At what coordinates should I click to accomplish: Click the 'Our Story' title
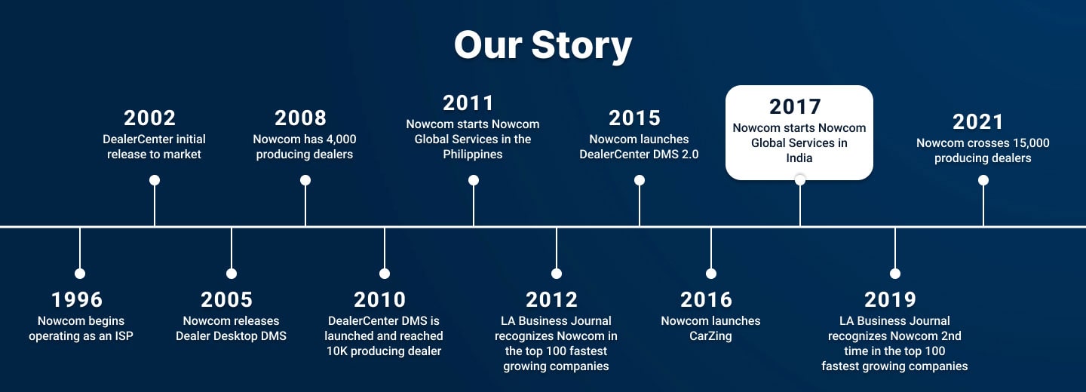click(543, 45)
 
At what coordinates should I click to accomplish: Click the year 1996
click(77, 300)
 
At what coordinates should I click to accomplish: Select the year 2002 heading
click(150, 118)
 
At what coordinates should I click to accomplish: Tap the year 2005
click(227, 300)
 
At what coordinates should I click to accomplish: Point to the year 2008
click(301, 118)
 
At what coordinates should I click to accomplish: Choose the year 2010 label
click(379, 300)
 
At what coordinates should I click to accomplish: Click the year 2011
click(468, 103)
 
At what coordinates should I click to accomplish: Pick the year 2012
click(552, 300)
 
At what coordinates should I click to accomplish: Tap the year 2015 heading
click(635, 118)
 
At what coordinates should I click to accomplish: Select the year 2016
click(707, 300)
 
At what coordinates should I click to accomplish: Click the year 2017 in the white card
click(795, 107)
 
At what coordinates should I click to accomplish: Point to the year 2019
click(890, 300)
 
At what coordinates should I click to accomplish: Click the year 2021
click(978, 122)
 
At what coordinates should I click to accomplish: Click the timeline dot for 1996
click(80, 274)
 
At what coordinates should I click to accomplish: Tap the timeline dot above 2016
click(711, 274)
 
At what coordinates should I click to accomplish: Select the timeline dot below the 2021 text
click(983, 180)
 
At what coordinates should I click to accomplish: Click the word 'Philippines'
click(473, 155)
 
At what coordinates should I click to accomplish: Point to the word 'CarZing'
click(710, 336)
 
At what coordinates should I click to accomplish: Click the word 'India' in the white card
click(799, 158)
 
